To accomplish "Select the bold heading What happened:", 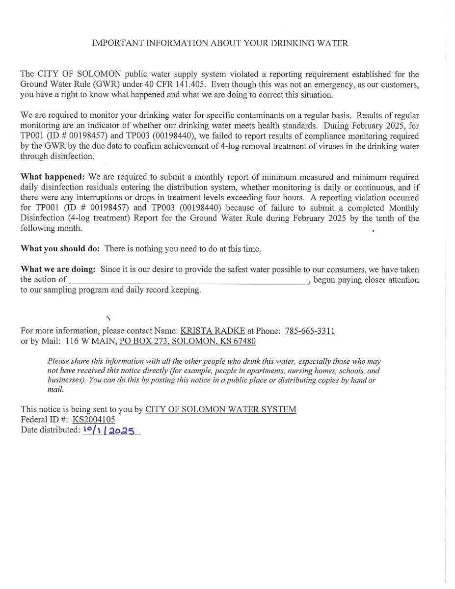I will tap(53, 177).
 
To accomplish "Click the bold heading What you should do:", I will tap(60, 249).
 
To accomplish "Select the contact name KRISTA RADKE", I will tap(213, 331).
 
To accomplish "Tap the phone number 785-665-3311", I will tap(310, 331).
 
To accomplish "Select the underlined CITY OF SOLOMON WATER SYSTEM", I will tap(220, 409).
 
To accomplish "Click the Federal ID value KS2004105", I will tap(94, 420).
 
